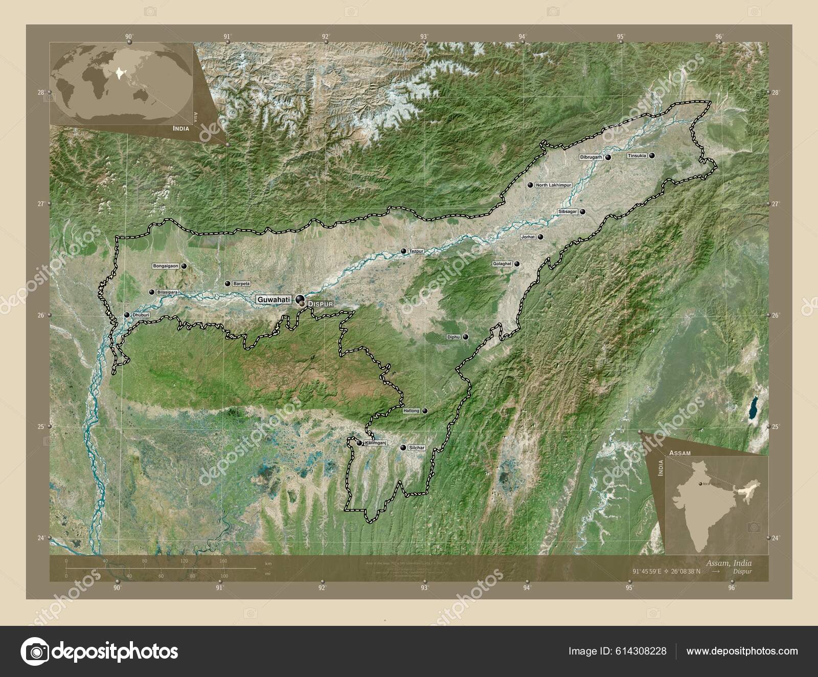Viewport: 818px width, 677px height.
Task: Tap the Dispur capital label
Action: tap(321, 304)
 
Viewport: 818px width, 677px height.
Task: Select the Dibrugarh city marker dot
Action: tap(608, 157)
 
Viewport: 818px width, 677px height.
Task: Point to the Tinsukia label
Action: tap(637, 155)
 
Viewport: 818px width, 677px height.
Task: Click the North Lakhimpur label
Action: tap(553, 185)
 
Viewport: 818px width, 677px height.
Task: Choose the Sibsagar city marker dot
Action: tap(582, 211)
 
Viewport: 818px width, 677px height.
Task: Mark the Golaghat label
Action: tap(502, 264)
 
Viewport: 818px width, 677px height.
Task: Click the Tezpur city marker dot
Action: tap(403, 251)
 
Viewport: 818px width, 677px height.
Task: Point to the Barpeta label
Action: tap(241, 283)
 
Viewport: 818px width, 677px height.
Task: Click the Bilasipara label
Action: tap(168, 292)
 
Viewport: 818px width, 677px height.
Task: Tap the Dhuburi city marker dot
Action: tap(127, 315)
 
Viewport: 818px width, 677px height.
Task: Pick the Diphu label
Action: tap(453, 337)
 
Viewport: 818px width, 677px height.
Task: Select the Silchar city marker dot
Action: tap(403, 448)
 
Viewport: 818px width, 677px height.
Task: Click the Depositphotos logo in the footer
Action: tap(100, 651)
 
